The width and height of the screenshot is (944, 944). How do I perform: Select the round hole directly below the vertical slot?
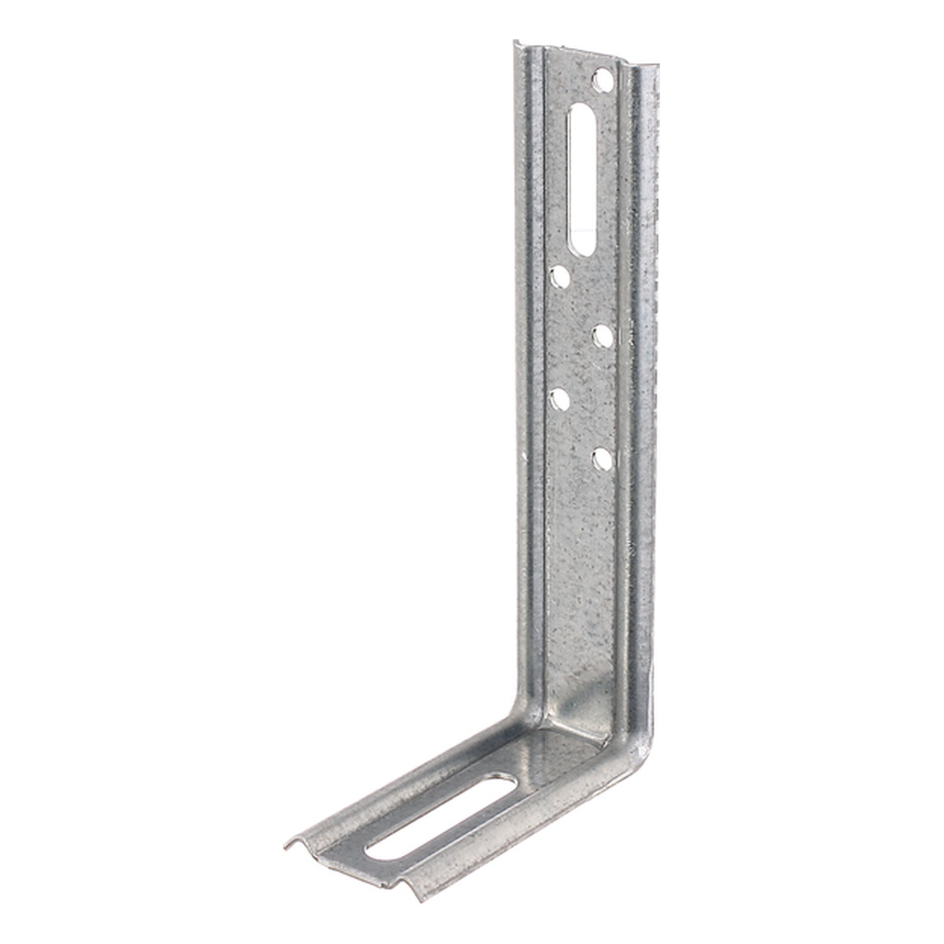tap(561, 276)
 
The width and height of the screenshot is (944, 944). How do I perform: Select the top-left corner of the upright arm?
tap(517, 42)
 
